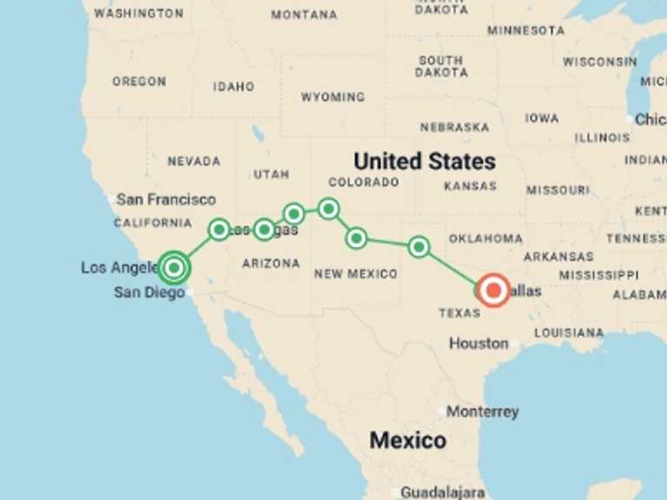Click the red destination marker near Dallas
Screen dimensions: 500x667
[x=494, y=291]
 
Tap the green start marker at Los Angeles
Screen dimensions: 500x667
[x=175, y=268]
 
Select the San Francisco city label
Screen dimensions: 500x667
[x=166, y=200]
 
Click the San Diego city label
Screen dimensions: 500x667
[x=149, y=293]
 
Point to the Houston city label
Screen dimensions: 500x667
[x=479, y=344]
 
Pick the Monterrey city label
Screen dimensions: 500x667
[x=483, y=411]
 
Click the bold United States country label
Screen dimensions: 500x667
[x=425, y=161]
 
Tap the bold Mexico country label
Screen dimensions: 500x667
[x=408, y=440]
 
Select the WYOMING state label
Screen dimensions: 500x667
[x=333, y=97]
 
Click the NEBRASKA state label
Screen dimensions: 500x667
[x=454, y=128]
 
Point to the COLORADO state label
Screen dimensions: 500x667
[x=364, y=182]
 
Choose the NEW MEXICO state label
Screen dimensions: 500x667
[x=356, y=274]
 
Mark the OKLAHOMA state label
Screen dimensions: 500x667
[x=485, y=239]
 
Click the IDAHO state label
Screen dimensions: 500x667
[x=234, y=87]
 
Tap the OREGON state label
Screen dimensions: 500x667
[x=139, y=82]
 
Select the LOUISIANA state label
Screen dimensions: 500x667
[x=569, y=332]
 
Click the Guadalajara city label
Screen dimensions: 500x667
[x=443, y=492]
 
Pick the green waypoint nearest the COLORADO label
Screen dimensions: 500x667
[x=328, y=208]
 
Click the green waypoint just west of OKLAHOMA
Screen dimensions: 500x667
[x=419, y=247]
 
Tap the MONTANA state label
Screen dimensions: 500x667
[x=304, y=15]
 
